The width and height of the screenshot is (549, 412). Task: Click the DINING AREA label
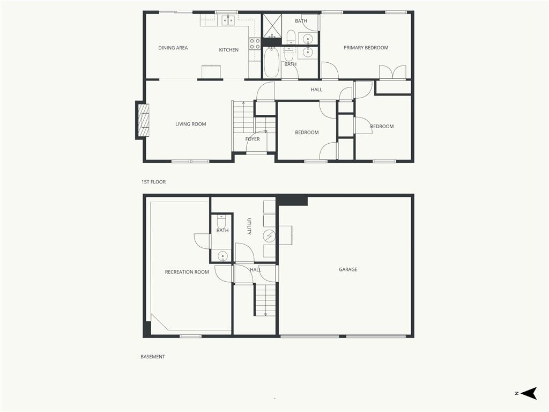coord(173,48)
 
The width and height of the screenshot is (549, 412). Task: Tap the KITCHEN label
coord(228,50)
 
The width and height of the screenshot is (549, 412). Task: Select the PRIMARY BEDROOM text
coord(366,48)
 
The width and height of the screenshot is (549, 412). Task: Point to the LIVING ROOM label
coord(190,124)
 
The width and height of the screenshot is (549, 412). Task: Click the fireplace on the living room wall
coord(143,120)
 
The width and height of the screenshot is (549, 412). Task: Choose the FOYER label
coord(253,139)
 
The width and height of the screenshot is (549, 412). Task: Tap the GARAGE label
coord(348,269)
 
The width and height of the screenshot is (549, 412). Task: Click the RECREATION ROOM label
coord(187,272)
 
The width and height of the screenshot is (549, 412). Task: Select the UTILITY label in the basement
coord(249,226)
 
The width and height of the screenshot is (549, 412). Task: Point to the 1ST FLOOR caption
coord(153,182)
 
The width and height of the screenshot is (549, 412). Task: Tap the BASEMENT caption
coord(153,357)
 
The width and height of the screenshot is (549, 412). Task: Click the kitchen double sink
coord(228,20)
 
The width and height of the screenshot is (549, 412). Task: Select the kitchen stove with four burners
coord(255,43)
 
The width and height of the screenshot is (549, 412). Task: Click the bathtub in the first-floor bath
coord(271,62)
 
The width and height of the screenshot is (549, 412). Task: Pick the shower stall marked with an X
coord(272,26)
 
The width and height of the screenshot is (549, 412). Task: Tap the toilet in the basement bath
coord(222,222)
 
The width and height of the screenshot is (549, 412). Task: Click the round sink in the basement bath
coord(223,257)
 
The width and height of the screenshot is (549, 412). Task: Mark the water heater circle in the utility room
coord(269,237)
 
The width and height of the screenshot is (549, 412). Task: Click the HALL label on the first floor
coord(316,90)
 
